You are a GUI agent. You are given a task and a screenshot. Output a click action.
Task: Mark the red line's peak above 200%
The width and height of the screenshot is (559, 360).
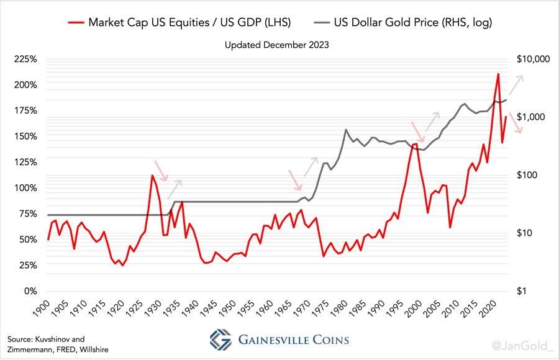pos(498,74)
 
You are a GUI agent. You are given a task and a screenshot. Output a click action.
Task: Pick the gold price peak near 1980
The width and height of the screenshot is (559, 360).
pos(345,130)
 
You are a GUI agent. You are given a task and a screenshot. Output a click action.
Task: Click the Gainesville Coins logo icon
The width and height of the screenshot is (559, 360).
pos(220,340)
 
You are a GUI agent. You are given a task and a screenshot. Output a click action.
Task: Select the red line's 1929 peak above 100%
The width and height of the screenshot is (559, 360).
pos(152,176)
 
